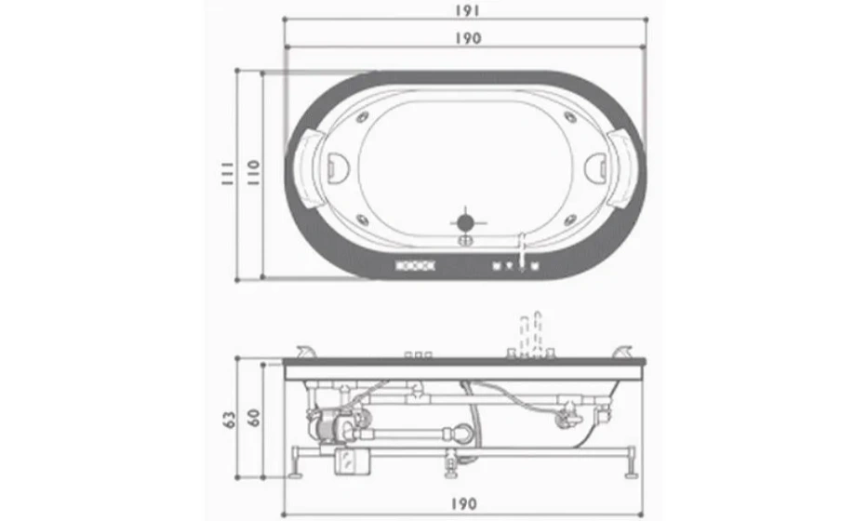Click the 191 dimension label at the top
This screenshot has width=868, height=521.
tap(468, 10)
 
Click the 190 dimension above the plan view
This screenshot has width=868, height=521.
tap(468, 37)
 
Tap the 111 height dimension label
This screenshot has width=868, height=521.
tap(228, 173)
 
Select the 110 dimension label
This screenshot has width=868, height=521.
tap(253, 172)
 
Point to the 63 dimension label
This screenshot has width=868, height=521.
tap(229, 419)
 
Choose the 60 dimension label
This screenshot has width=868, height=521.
tap(253, 417)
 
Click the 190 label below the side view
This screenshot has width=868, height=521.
tap(462, 503)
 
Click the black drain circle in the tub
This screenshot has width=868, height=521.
tap(465, 222)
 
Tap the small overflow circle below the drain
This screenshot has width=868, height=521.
tap(465, 240)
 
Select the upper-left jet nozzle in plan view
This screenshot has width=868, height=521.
tap(363, 117)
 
